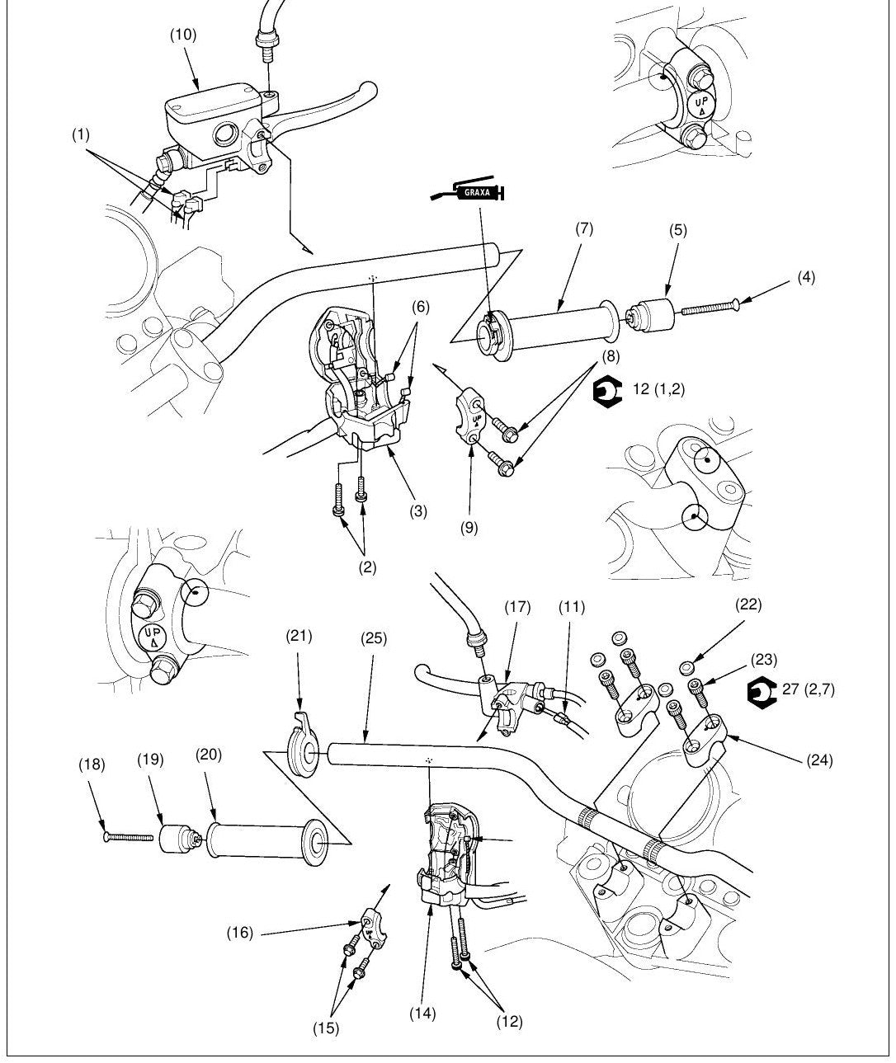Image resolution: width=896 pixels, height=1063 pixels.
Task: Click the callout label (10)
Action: coord(183,35)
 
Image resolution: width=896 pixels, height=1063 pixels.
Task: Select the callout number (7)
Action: coord(584,229)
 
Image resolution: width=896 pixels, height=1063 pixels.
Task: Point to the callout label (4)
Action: coord(806,277)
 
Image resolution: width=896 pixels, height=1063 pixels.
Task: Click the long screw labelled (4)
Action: coord(710,307)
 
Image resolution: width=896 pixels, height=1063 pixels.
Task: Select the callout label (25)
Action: coord(374,638)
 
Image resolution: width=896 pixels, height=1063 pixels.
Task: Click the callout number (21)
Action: coord(299,636)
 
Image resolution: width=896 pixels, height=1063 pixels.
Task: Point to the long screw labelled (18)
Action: coord(129,836)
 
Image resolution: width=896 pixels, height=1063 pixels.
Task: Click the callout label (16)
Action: coord(240,919)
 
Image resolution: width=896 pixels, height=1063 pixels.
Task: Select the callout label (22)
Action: coord(749,604)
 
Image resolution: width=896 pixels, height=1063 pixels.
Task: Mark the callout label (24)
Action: coord(820,760)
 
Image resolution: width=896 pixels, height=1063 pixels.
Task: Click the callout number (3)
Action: coord(418,511)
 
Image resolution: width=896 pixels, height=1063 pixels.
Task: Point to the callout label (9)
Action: coord(469,528)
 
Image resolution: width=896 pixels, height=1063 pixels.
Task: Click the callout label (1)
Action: coord(81,134)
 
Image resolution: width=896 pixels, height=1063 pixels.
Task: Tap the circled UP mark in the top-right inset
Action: coord(701,105)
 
